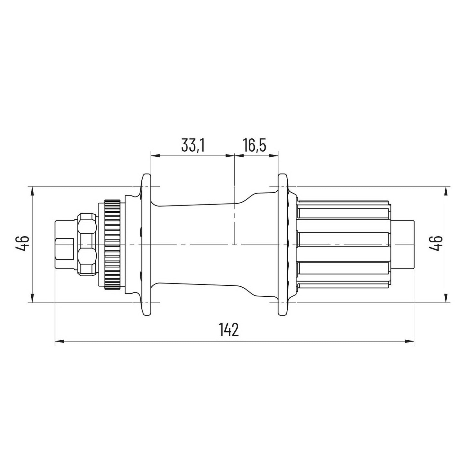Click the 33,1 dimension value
(x=193, y=146)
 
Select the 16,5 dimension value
(x=255, y=146)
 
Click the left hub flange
(x=146, y=244)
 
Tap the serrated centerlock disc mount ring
(x=112, y=244)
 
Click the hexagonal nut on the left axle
(x=88, y=244)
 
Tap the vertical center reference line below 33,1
(x=234, y=200)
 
